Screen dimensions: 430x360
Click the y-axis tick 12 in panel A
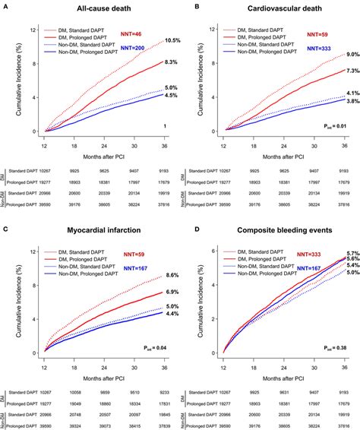coord(30,30)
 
